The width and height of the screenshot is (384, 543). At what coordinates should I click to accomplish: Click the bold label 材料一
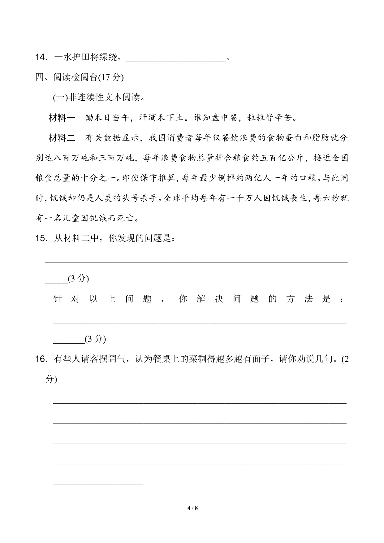click(62, 118)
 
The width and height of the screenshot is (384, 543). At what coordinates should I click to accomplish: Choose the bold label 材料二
click(62, 138)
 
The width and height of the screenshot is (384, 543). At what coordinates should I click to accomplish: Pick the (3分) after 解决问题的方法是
click(95, 339)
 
